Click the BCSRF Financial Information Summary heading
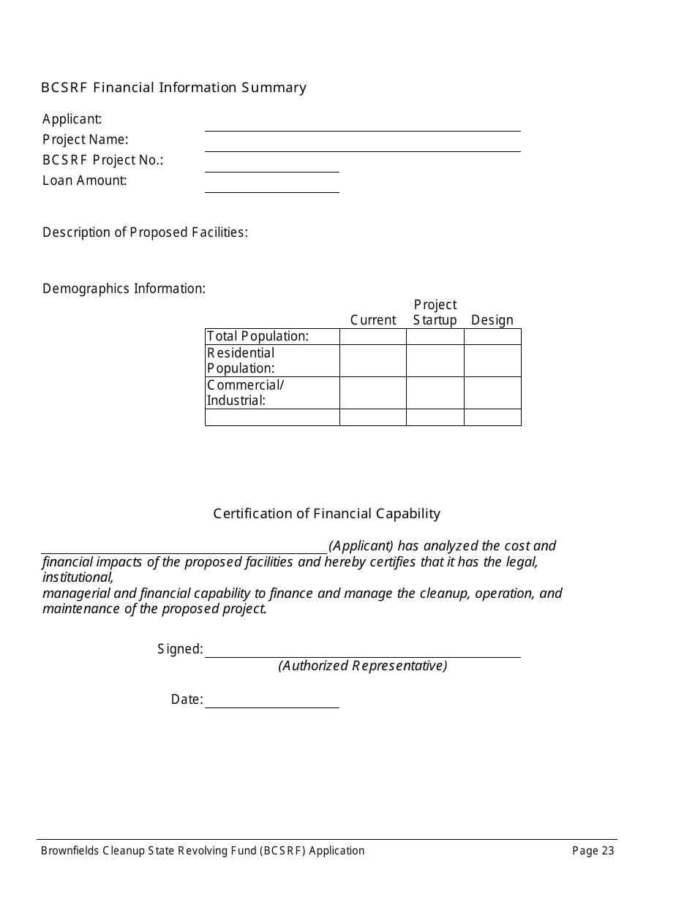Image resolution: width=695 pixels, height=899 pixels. coord(173,88)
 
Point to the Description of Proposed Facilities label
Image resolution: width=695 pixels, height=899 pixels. coord(145,232)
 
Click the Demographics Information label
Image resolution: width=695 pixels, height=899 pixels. coord(124,289)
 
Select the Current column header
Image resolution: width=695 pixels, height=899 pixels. coord(373,320)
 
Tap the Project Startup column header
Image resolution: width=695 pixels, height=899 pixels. coord(435,312)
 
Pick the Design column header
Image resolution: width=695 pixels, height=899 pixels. coord(492,320)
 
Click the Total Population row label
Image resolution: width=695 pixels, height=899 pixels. coord(258,336)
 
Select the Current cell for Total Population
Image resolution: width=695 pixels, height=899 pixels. coord(373,336)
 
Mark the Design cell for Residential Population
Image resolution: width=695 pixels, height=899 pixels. coord(492,361)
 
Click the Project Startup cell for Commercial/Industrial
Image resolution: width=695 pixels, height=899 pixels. coord(435,393)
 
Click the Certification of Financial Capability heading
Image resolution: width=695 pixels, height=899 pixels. coord(326,514)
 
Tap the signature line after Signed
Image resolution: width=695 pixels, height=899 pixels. coord(362,650)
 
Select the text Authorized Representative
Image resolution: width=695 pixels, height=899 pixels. coord(362,666)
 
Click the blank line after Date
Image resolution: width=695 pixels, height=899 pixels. coord(272,701)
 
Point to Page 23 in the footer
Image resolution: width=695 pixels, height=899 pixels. coord(593,851)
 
